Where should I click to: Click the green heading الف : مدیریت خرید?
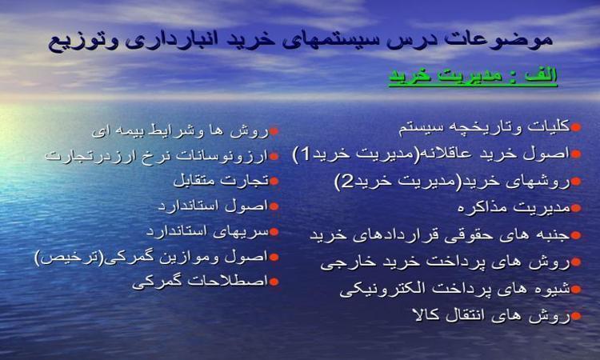pos(473,76)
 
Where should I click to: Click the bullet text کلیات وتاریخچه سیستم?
pos(484,128)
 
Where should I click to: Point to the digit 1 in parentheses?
pos(306,154)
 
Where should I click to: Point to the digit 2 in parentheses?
pos(347,181)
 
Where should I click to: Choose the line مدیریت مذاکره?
pos(514,208)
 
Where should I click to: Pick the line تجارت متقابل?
pos(221,181)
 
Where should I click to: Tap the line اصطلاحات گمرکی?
pos(200,282)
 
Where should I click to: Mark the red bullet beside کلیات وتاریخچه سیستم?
pos(576,127)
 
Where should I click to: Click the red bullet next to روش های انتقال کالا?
pos(576,316)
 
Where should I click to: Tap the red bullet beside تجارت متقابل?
pos(274,181)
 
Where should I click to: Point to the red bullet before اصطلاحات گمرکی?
pos(274,282)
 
